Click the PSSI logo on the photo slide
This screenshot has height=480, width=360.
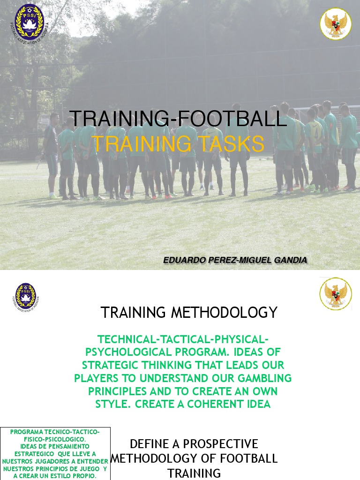[29, 21]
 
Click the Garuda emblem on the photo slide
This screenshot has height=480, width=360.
[336, 23]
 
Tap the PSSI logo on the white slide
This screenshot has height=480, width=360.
[26, 296]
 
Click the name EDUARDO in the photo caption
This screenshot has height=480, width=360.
[183, 260]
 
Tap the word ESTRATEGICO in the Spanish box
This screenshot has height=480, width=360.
[36, 454]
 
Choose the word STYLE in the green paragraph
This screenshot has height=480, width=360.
[111, 404]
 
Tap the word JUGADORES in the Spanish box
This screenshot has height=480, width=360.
[50, 461]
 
